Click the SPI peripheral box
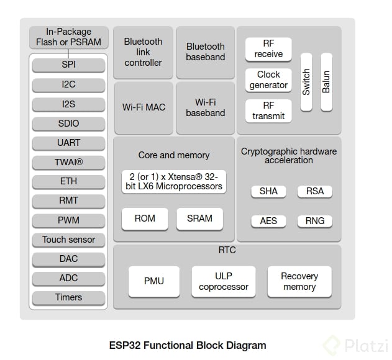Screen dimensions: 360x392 69,65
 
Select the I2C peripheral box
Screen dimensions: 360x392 69,84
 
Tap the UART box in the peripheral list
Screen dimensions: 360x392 69,143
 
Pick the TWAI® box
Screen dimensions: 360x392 69,162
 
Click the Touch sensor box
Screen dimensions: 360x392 69,240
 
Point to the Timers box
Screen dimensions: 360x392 69,297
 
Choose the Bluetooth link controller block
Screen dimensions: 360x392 143,52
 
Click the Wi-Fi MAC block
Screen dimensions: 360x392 143,107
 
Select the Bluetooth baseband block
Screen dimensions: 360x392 206,52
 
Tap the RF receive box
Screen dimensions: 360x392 268,49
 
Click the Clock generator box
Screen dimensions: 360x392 268,80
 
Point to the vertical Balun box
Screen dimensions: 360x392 326,82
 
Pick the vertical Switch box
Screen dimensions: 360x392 306,82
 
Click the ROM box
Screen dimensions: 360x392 144,218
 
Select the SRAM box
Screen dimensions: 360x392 199,218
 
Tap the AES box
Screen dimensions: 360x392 268,221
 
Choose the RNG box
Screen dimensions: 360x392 315,221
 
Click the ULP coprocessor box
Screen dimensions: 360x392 223,282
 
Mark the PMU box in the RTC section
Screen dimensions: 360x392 154,282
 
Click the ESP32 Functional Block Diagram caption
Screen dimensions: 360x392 188,346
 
